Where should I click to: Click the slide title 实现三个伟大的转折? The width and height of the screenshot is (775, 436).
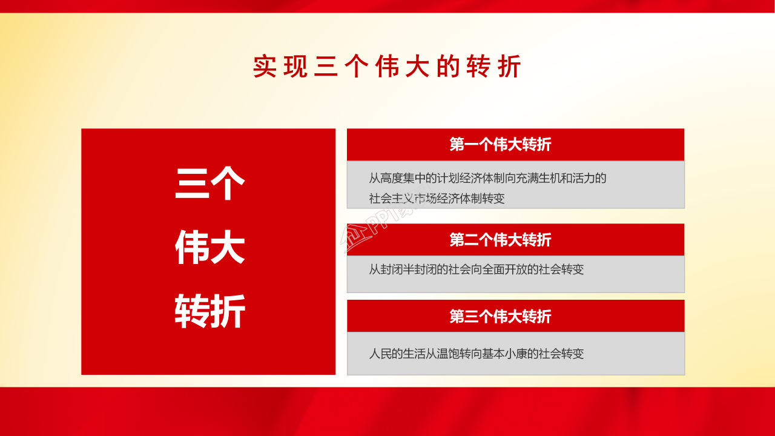(387, 67)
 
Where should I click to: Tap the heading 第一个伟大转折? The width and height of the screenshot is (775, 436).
(500, 145)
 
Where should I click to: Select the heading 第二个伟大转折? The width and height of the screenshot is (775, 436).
(500, 240)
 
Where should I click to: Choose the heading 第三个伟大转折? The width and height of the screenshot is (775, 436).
(500, 316)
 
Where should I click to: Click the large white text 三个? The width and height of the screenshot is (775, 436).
(209, 183)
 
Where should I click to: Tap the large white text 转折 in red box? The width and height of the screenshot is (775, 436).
(209, 311)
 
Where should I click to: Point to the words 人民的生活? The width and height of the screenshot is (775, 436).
(395, 354)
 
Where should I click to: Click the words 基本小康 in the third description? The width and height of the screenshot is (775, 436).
(502, 354)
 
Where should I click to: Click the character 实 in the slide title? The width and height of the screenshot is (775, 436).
(265, 67)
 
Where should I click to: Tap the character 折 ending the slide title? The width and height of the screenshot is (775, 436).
(509, 67)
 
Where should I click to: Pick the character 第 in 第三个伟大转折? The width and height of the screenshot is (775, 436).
(457, 316)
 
